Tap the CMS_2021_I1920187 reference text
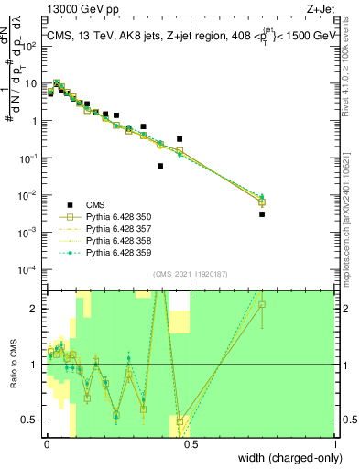[x=190, y=272]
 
